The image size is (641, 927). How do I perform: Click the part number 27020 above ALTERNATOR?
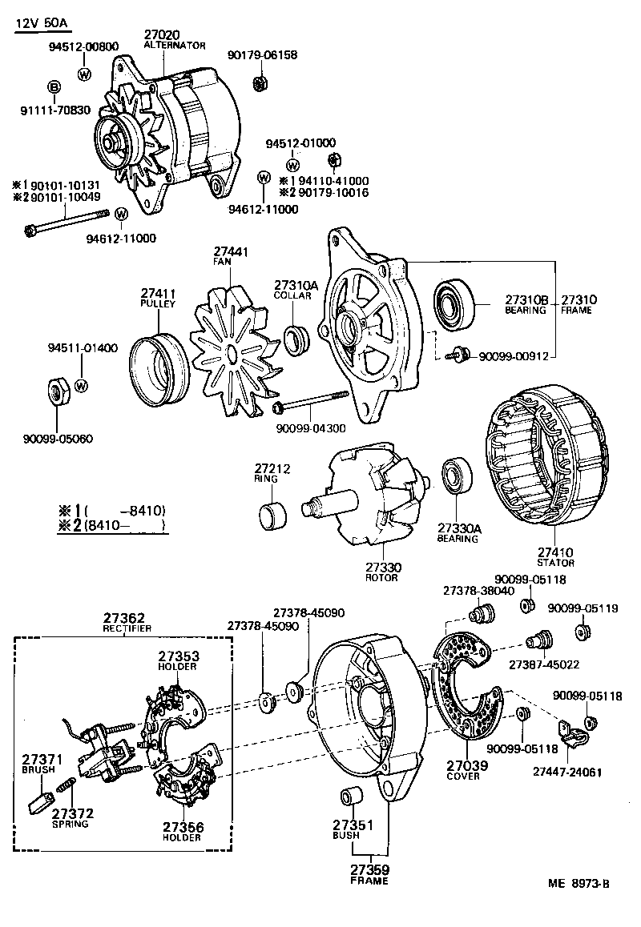coord(163,35)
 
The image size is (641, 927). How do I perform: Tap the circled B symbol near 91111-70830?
coord(54,86)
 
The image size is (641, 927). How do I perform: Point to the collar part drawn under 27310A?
coord(298,339)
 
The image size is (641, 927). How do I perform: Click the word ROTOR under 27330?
coord(382,577)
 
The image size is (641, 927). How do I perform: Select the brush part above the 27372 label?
coord(40,800)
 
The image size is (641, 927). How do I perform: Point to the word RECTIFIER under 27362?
coord(127,628)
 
